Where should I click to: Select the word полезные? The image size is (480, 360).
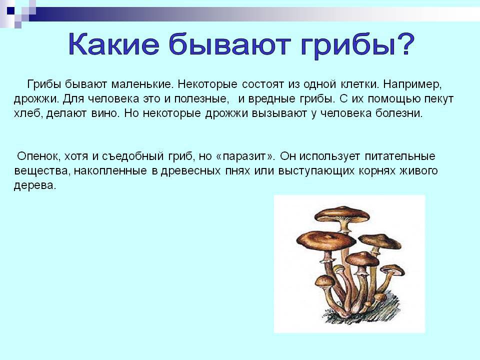tap(202, 99)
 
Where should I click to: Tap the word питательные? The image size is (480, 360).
tap(400, 156)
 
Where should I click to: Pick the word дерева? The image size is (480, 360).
tap(35, 185)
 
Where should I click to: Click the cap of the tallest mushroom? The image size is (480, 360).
tap(342, 213)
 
